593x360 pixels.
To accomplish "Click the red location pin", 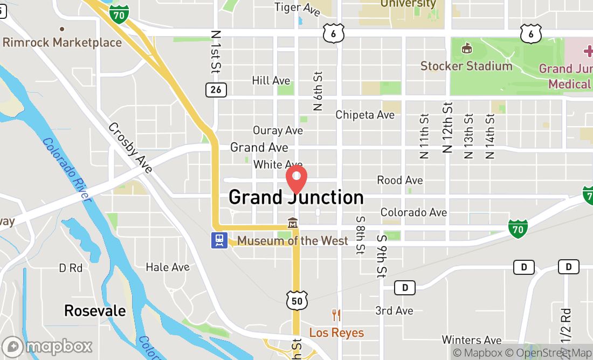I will [296, 179].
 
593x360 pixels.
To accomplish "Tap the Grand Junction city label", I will [296, 197].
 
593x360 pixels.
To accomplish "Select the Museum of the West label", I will [293, 240].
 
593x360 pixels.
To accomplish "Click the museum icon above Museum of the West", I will [293, 223].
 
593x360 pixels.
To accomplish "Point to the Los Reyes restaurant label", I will [336, 333].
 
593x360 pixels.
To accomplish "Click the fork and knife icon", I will [336, 315].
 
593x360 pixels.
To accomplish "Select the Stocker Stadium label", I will [466, 66].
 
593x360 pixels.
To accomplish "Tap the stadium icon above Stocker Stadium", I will [467, 49].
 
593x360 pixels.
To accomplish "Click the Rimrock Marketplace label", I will [62, 43].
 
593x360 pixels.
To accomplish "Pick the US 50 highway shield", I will [297, 300].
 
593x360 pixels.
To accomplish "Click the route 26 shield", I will [216, 89].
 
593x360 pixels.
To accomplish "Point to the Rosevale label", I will [95, 310].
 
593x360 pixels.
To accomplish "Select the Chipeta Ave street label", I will [365, 115].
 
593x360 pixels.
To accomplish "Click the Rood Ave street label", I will [400, 180].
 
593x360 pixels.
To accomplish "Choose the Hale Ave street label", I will [168, 267].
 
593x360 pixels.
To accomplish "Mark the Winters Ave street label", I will [472, 340].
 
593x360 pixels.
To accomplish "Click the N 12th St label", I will [447, 127].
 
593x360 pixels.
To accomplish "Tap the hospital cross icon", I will [587, 52].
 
